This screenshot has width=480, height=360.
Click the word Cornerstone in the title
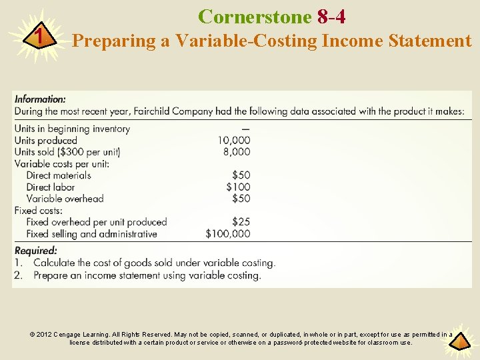[x=255, y=16]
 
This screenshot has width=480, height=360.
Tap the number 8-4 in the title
[x=331, y=16]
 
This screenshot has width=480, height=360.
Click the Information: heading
[x=40, y=99]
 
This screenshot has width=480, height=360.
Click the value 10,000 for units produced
[x=233, y=140]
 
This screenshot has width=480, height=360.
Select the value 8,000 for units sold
[x=237, y=151]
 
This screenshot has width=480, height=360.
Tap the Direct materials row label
[x=59, y=175]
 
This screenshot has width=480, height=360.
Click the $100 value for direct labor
[x=238, y=187]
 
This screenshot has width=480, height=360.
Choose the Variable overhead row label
[x=65, y=199]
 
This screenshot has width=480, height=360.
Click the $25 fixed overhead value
[x=241, y=222]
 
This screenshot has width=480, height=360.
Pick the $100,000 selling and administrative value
[x=228, y=233]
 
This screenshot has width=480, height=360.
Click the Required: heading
[x=36, y=251]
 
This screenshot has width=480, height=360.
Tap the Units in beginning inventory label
[x=72, y=129]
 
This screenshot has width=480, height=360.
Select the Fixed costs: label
[x=39, y=210]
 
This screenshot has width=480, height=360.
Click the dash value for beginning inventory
[x=246, y=129]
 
